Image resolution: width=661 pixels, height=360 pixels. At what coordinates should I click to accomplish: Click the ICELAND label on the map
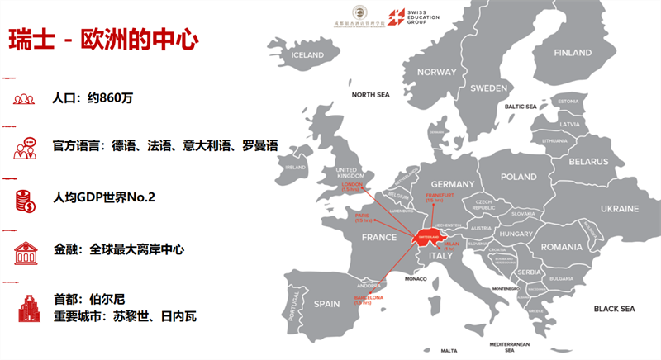coord(307,55)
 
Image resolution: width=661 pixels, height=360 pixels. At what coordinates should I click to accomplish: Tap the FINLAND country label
coord(573,52)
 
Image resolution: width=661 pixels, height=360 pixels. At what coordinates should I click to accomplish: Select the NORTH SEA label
coord(370,95)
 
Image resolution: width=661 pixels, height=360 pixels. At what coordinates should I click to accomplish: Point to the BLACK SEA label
coord(614,309)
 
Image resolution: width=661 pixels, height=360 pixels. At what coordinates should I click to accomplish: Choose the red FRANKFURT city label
coord(435,195)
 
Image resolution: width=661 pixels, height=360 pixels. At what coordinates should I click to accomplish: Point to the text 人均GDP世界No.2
coord(103,198)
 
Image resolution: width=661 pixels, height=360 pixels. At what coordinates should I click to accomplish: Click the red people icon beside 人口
coord(24,98)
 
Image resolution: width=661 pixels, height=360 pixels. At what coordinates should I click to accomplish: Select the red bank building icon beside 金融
coord(24,249)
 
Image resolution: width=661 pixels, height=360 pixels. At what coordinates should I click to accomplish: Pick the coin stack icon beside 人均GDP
coord(24,199)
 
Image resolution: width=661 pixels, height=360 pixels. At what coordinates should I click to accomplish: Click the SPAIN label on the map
coord(326,304)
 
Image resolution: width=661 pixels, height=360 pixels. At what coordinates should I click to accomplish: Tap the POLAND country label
coord(518,177)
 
